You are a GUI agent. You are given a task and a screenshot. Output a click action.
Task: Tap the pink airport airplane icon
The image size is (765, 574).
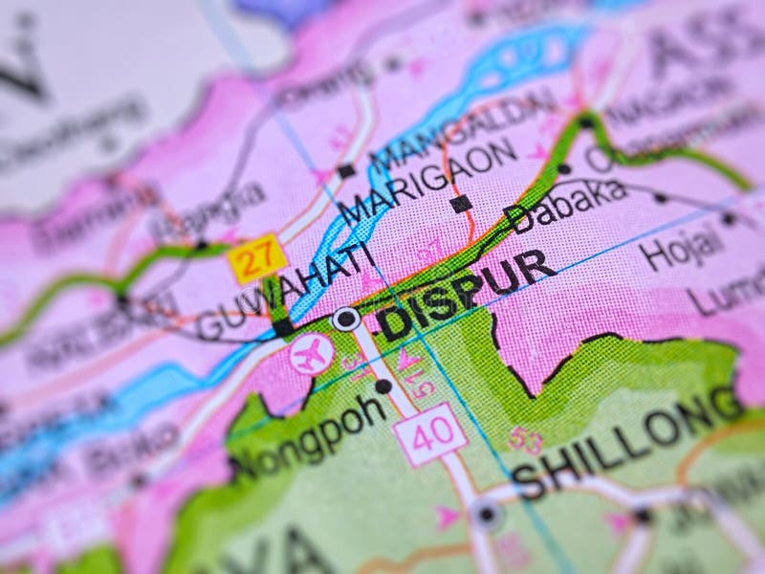(312, 354)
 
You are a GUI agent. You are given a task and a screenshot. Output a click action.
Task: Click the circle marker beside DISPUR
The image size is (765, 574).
(345, 319)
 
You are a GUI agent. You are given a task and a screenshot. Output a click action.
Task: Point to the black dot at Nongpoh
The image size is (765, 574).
(383, 386)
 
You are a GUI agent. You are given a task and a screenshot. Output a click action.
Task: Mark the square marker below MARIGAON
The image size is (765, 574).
(460, 203)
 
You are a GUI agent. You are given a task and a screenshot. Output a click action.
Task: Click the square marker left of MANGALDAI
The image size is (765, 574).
(345, 172)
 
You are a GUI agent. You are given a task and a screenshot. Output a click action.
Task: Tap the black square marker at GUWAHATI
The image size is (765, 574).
(283, 327)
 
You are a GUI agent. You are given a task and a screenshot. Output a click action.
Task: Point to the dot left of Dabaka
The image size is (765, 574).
(564, 169)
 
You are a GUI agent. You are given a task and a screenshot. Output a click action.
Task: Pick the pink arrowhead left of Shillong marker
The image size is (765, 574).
(446, 518)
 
